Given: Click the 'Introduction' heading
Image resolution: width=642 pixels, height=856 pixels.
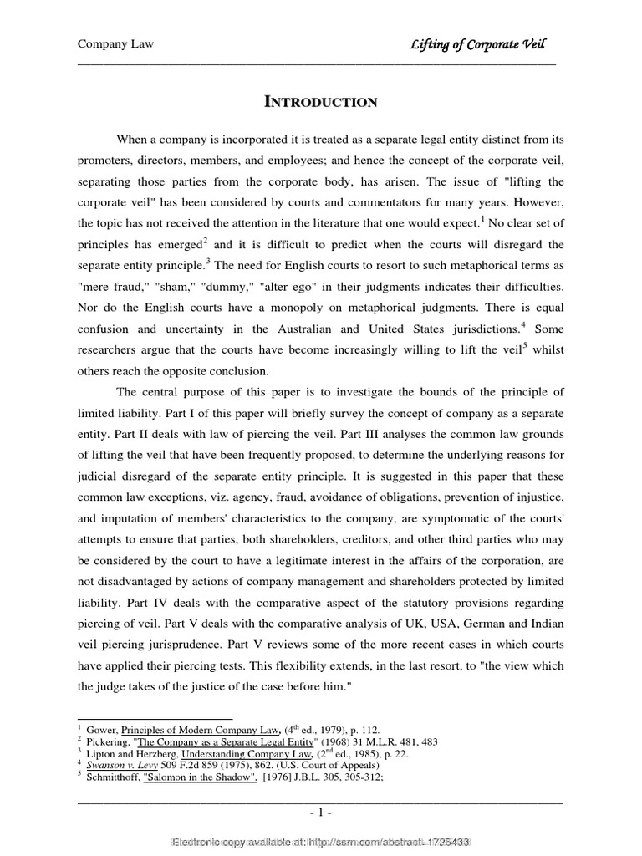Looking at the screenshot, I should (x=321, y=103).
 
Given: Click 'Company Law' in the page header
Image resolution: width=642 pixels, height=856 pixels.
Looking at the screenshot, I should (x=115, y=44).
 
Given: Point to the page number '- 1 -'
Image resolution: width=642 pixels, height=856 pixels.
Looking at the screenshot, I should (x=320, y=812).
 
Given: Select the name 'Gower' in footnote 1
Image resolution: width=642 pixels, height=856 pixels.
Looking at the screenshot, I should (x=104, y=730).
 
